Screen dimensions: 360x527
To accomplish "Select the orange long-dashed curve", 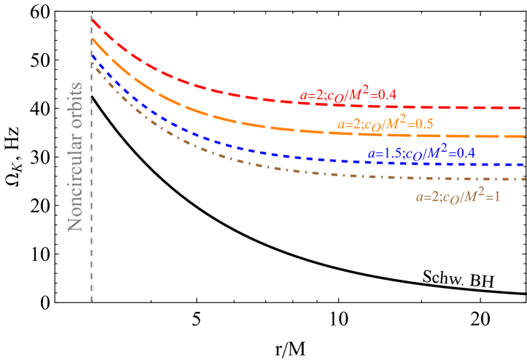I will pos(219,117).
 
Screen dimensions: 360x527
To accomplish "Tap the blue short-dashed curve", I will pos(219,141).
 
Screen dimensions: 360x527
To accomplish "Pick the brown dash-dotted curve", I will pos(219,154).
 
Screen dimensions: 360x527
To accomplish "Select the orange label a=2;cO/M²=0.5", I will pos(385,123).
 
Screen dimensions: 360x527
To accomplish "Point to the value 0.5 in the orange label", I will pos(423,124).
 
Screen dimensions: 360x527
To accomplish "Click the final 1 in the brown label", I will pos(496,197).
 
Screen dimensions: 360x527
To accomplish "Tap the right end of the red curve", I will pos(522,108).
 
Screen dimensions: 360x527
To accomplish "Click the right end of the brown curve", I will pos(523,179).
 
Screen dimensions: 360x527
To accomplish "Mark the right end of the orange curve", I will pos(523,136).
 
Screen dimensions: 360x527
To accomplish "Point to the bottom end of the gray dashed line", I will pos(91,301).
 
